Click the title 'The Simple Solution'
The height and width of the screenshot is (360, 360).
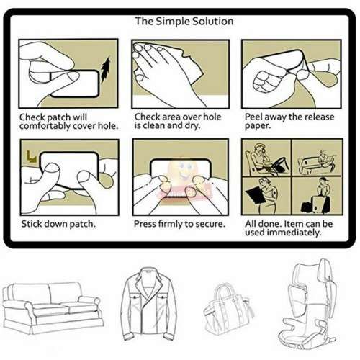[184, 21]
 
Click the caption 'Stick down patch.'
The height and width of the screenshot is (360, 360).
[58, 224]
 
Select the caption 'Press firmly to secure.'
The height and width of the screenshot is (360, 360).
[179, 224]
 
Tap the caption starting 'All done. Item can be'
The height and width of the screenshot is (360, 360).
[288, 228]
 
